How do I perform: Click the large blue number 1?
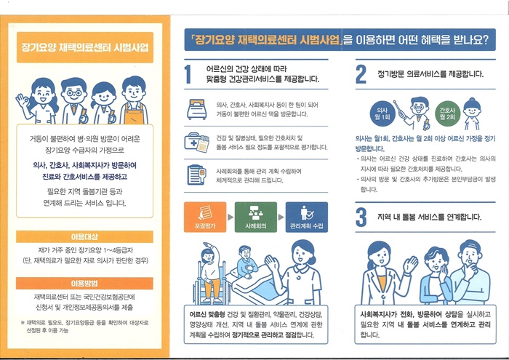pyautogui.click(x=188, y=74)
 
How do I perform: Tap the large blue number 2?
pyautogui.click(x=361, y=74)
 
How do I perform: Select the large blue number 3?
pyautogui.click(x=361, y=217)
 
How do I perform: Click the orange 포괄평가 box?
pyautogui.click(x=205, y=217)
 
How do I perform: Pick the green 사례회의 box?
pyautogui.click(x=256, y=217)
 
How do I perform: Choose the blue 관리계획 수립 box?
pyautogui.click(x=307, y=217)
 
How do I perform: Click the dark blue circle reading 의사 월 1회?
pyautogui.click(x=382, y=113)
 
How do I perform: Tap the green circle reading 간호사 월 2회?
pyautogui.click(x=448, y=113)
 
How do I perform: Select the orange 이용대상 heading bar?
pyautogui.click(x=84, y=236)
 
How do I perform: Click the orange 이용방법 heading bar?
pyautogui.click(x=84, y=284)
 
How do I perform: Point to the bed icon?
pyautogui.click(x=197, y=109)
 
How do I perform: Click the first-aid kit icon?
pyautogui.click(x=196, y=143)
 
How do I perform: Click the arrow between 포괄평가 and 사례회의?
pyautogui.click(x=231, y=217)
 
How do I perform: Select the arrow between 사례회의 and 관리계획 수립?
pyautogui.click(x=281, y=217)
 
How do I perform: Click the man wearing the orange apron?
pyautogui.click(x=134, y=100)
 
